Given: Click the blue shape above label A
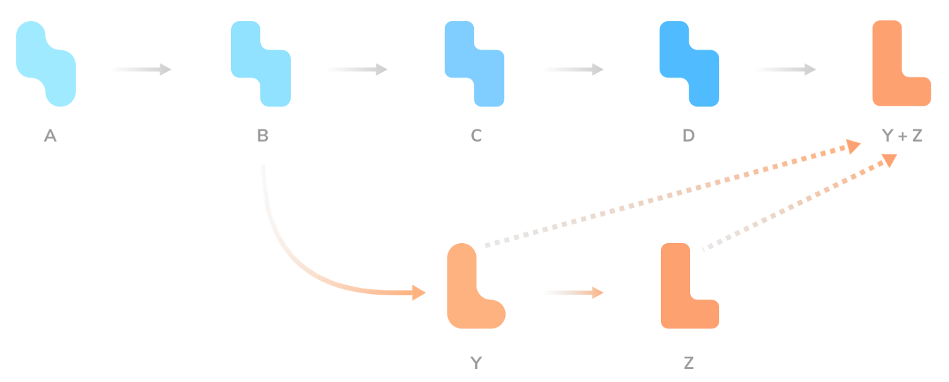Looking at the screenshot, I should tap(46, 64).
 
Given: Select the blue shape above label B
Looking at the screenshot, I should tap(261, 64).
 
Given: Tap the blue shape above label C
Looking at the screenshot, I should tap(474, 64).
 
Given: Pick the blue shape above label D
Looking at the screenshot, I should tap(689, 64).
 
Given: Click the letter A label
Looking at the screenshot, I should tap(50, 136).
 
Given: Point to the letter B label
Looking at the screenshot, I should tap(263, 136).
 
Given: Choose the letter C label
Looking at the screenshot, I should tap(477, 136).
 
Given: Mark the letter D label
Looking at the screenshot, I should tap(689, 136).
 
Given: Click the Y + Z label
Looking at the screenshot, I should tap(902, 136).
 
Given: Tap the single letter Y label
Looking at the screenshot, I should tap(477, 363).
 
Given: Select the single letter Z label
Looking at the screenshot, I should tap(689, 363).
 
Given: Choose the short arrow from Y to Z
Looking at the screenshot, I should tap(573, 293).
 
